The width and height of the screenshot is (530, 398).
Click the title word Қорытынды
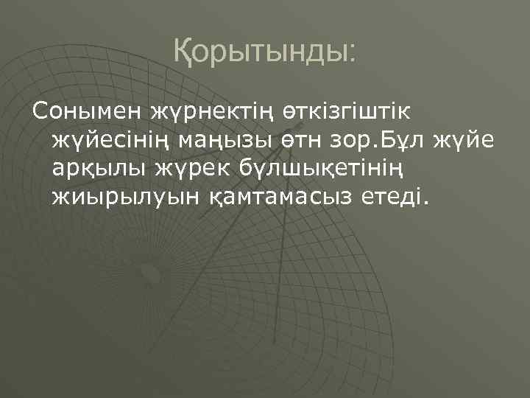258,51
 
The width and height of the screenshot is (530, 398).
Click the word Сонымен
85,112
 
